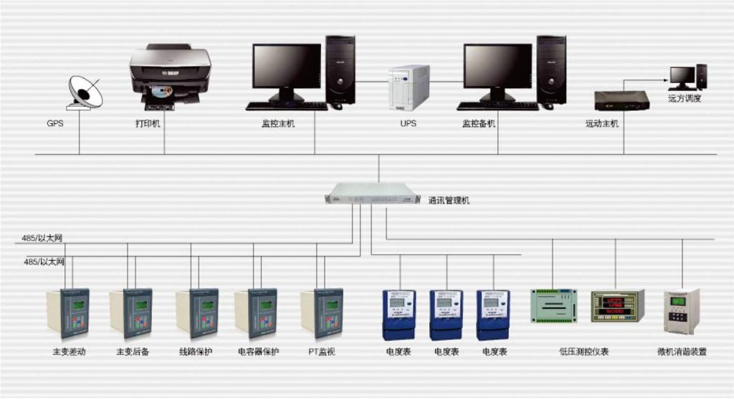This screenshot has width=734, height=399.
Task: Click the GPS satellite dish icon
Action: coord(85,92)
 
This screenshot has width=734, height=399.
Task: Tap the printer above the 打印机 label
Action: coord(170,77)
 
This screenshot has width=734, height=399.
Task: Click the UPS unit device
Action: coord(409,87)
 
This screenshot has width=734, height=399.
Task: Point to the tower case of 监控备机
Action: coord(551,70)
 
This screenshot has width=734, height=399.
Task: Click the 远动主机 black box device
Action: coord(621,100)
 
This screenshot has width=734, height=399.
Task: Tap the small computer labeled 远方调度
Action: coord(687,77)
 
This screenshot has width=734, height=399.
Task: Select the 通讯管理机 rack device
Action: coord(373,193)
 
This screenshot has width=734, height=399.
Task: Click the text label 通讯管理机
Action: coord(449,200)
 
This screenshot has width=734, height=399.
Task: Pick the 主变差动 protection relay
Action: coord(68,313)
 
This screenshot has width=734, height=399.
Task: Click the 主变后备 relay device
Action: coord(130,313)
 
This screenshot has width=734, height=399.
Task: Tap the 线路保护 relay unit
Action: coord(196,313)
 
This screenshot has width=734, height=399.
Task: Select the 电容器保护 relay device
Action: coord(256,313)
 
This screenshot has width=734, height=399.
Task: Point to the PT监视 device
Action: coord(322,313)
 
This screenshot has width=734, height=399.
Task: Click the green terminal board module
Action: coord(554,306)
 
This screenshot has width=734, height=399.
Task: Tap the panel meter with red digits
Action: coord(618,306)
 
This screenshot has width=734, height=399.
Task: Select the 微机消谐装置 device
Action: coord(682,311)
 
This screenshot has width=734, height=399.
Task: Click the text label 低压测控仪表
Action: coord(583,352)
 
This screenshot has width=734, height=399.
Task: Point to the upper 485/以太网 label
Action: coord(42,238)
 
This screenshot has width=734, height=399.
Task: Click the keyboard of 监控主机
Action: coord(287,106)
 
